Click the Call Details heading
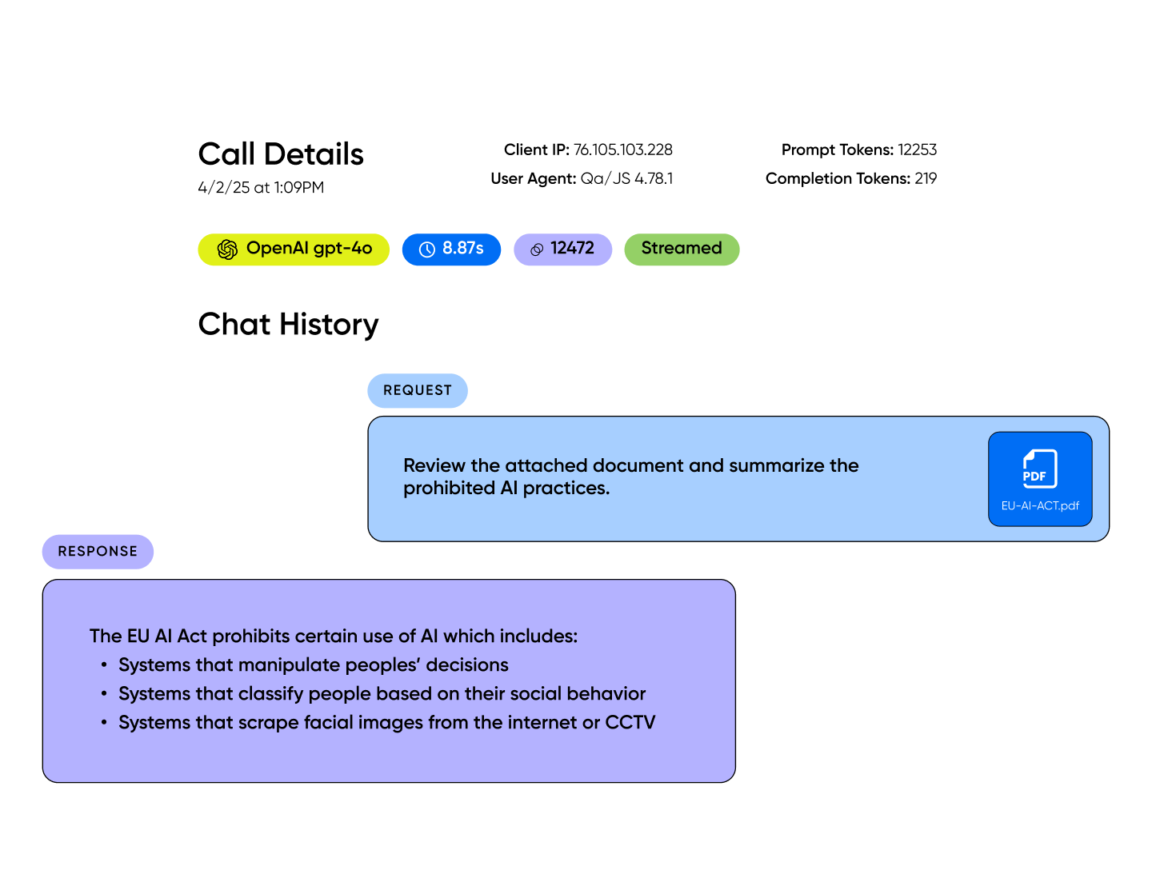coord(281,154)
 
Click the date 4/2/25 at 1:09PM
coord(261,188)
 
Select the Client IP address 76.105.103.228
coord(622,150)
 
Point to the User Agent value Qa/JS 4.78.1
coord(626,178)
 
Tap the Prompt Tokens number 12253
coord(917,150)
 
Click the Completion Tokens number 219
coord(926,178)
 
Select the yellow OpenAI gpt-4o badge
coord(294,249)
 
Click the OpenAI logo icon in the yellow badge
coord(228,249)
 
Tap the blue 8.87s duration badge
coord(451,249)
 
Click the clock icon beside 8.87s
coord(427,249)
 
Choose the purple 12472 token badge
coord(562,249)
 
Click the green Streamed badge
coord(682,249)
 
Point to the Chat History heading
coord(288,325)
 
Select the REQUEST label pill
coord(418,390)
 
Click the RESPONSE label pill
coord(98,552)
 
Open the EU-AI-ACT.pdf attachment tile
coord(1040,480)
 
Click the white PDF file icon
coord(1040,469)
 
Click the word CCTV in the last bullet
coord(630,723)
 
